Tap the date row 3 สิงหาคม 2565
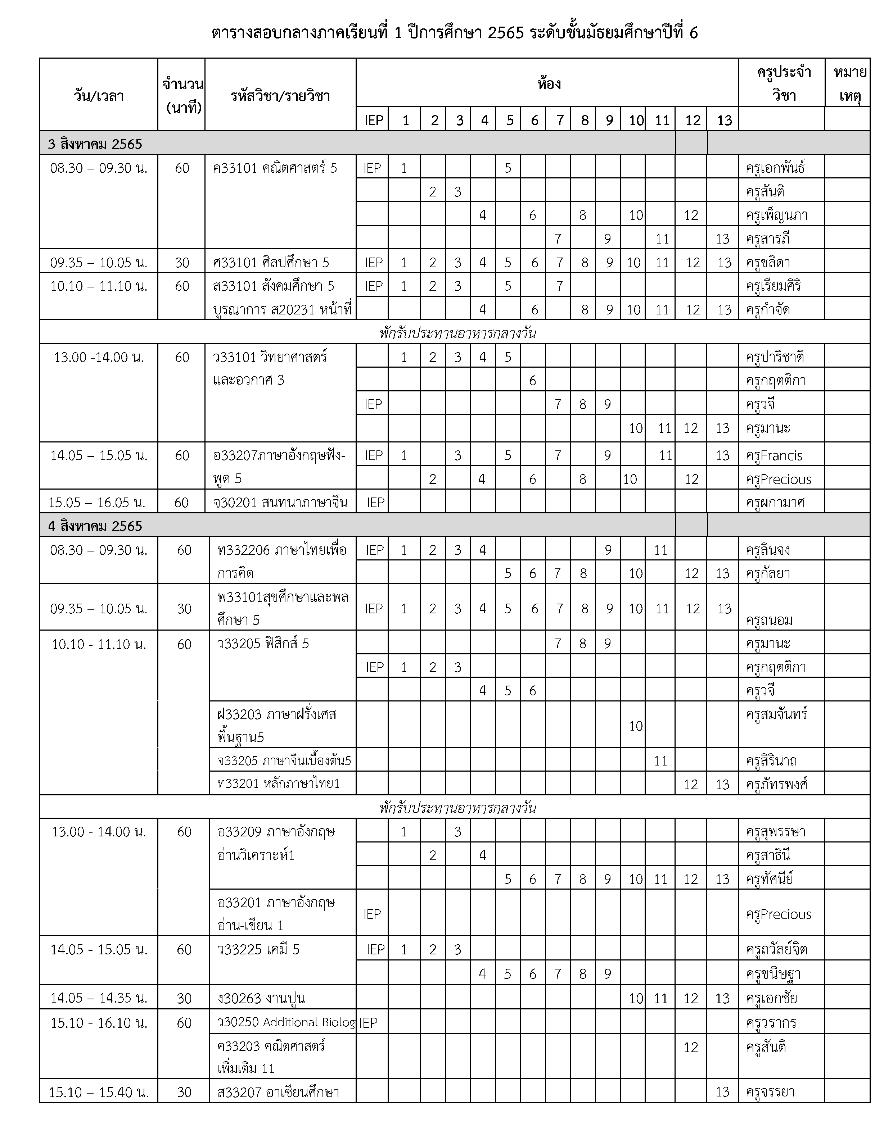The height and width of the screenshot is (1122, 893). [95, 144]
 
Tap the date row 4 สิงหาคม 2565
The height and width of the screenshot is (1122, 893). [95, 526]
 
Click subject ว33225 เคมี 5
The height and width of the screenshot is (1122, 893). [259, 950]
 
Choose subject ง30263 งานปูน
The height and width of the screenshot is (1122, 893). [261, 998]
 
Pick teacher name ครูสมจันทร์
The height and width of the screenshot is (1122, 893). [776, 714]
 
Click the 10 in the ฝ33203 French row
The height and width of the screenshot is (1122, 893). [635, 726]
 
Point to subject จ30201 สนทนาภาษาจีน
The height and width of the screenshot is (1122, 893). [280, 503]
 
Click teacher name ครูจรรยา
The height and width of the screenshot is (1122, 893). [770, 1092]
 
